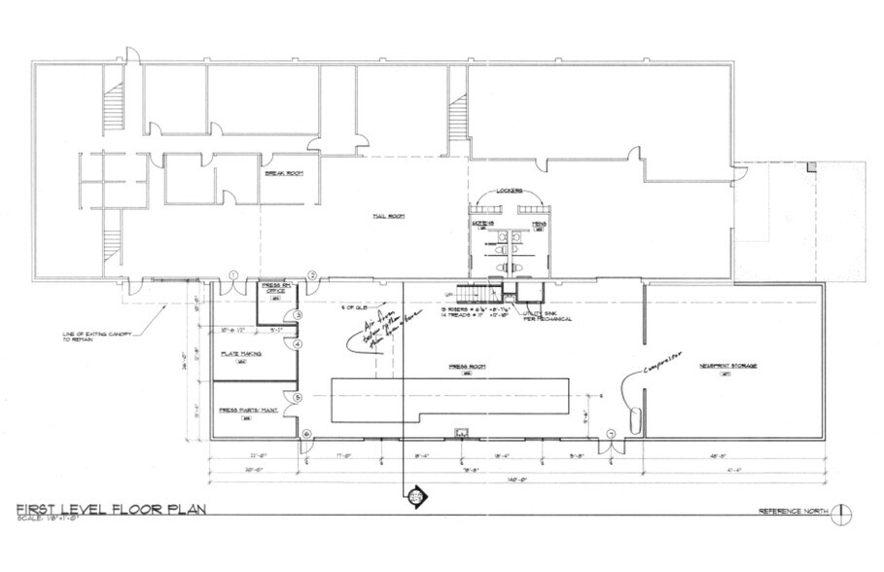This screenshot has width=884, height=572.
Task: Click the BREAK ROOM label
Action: pyautogui.click(x=285, y=172)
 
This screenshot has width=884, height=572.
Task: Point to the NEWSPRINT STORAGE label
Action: pyautogui.click(x=728, y=366)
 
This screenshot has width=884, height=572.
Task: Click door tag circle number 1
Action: pyautogui.click(x=233, y=275)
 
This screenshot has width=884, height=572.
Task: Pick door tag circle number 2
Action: pyautogui.click(x=312, y=275)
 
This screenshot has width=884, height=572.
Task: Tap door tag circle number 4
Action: pyautogui.click(x=299, y=343)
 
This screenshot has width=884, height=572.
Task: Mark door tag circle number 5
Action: pyautogui.click(x=299, y=397)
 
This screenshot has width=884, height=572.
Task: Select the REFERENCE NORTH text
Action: pyautogui.click(x=795, y=512)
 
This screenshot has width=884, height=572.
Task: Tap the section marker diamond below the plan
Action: pyautogui.click(x=415, y=496)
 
